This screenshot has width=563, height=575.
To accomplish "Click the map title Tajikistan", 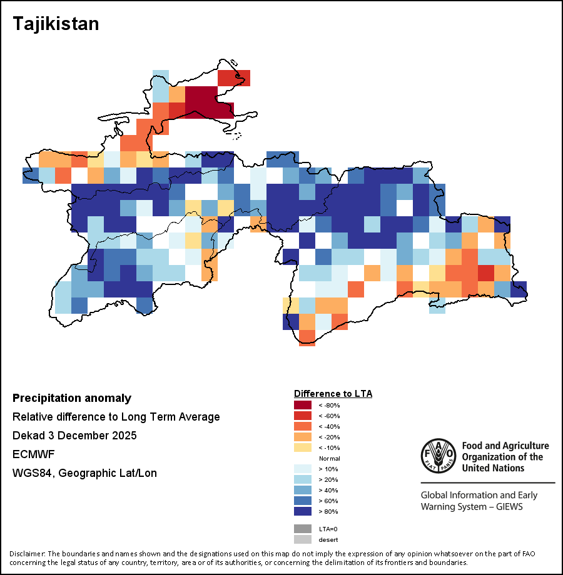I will (56, 24).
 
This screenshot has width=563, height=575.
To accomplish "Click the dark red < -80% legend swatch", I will (303, 405).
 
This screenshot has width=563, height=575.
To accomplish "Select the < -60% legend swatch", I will (303, 416).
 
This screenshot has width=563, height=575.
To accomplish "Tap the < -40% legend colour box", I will (303, 426).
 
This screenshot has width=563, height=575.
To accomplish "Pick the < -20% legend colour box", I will (303, 437).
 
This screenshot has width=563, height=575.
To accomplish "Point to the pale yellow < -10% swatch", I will (303, 447).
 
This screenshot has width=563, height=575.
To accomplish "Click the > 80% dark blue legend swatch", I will (303, 511).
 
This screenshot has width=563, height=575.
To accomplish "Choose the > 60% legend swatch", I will (303, 501).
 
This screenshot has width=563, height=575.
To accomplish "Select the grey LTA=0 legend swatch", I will (303, 529).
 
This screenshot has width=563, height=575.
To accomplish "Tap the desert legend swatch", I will (303, 539).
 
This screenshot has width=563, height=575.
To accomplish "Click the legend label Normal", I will (329, 458).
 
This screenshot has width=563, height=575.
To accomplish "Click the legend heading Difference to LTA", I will (333, 394).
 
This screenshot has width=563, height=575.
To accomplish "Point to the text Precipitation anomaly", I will (72, 398).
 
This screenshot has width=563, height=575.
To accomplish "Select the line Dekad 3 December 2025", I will (74, 436).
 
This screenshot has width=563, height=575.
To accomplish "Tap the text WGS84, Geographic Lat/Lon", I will (84, 473).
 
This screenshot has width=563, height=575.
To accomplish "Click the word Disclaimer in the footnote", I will (27, 554).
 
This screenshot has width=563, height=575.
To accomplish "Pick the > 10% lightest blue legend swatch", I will (303, 469).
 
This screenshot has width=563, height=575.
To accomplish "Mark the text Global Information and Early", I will (479, 496).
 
